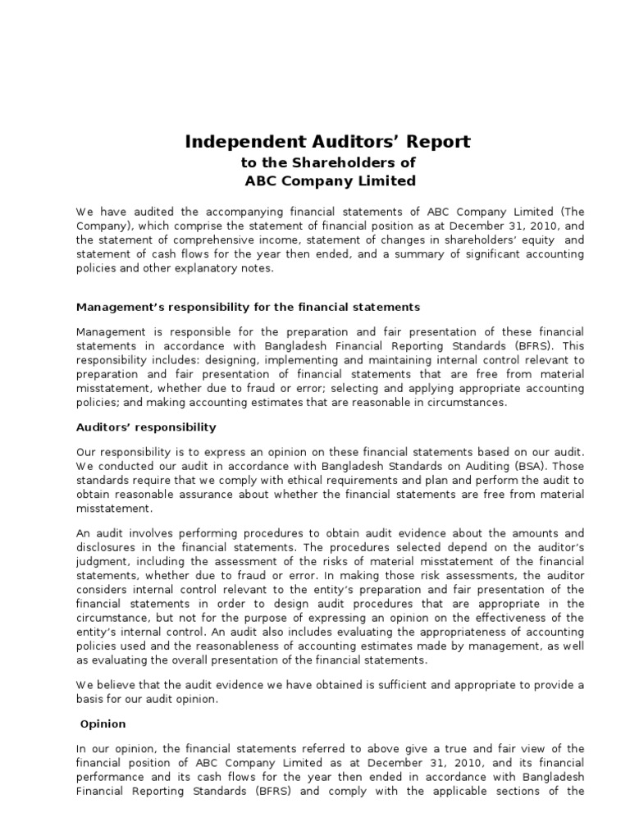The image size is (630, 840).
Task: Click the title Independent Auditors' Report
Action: coord(328,142)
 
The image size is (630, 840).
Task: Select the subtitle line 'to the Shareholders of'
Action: coord(328,163)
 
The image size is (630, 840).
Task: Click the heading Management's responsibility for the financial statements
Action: coord(248,307)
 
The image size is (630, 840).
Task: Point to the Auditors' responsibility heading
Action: coord(146,427)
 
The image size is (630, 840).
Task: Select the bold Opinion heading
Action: coord(103,724)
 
